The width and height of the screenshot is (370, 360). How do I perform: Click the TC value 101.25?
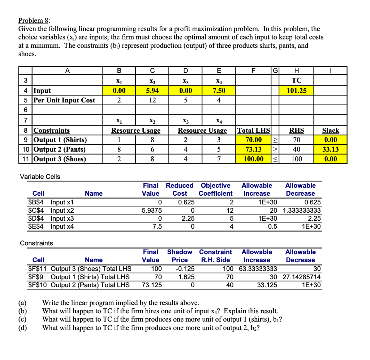(296, 90)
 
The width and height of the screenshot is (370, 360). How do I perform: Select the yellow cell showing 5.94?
(152, 90)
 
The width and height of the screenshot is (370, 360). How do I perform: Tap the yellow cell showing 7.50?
(219, 90)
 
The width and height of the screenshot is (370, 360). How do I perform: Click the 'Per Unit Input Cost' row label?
(64, 100)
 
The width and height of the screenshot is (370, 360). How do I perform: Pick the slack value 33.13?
(331, 149)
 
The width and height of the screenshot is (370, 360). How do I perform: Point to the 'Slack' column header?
(331, 130)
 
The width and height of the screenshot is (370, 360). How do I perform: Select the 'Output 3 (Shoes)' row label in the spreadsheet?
(60, 159)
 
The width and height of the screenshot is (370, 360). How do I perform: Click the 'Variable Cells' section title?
(40, 177)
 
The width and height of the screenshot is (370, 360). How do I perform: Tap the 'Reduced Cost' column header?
(180, 190)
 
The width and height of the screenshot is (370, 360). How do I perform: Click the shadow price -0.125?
(185, 269)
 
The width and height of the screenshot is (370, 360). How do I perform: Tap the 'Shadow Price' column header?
(180, 256)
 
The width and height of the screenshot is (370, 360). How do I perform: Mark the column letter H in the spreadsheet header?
(296, 71)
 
